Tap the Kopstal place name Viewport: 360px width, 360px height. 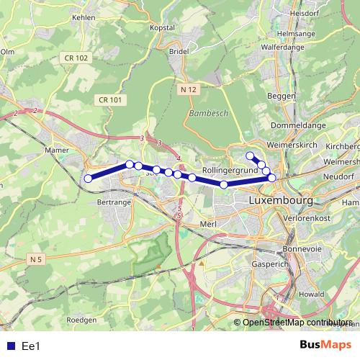click(x=162, y=27)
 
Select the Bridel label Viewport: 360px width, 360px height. click(x=177, y=52)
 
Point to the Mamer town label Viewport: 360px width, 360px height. click(x=56, y=150)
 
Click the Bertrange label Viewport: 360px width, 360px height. click(x=112, y=204)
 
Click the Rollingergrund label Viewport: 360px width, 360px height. click(x=230, y=169)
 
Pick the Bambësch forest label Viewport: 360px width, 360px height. click(x=207, y=114)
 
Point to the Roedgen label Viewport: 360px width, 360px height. click(x=81, y=319)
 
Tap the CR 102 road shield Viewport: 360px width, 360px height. click(x=76, y=58)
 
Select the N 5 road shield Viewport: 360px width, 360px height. click(x=37, y=258)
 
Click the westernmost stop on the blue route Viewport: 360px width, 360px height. click(x=88, y=179)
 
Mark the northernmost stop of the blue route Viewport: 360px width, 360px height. click(x=250, y=156)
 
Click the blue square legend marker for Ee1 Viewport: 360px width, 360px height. click(x=8, y=346)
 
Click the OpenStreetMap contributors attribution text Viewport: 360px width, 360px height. click(x=297, y=323)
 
